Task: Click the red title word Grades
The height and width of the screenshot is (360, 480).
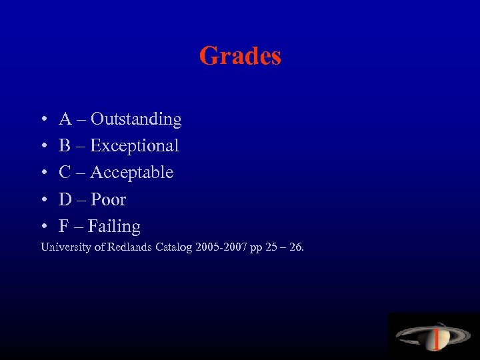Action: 240,55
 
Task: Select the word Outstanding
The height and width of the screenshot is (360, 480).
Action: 136,119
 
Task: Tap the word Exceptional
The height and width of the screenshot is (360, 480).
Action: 134,146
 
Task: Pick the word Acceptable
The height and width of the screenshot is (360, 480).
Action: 131,173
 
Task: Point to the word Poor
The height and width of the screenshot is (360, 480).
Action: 108,199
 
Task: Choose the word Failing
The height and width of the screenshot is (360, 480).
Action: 113,227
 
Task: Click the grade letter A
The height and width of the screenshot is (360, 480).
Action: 65,119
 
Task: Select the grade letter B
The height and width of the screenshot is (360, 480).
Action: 65,146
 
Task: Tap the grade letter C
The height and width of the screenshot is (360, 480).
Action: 65,173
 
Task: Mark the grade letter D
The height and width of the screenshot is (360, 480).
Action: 65,199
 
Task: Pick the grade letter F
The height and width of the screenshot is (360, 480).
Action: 64,227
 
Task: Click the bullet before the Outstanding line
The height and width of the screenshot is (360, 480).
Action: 43,120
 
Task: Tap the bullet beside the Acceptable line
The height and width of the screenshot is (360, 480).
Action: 43,173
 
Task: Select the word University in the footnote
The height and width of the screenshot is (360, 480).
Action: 63,247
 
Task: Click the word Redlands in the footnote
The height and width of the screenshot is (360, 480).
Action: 123,247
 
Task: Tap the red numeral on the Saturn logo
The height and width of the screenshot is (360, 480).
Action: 436,339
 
